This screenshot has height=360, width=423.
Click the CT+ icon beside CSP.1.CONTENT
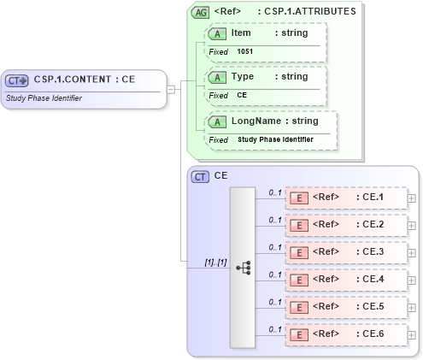pos(17,80)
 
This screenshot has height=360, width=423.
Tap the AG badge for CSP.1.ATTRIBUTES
pos(201,13)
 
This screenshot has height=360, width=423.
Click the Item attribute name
pos(241,32)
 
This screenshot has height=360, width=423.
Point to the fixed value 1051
pos(245,51)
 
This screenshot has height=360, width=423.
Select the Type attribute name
pos(244,76)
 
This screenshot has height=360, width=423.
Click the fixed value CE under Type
pos(242,95)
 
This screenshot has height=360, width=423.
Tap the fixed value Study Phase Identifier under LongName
pos(275,139)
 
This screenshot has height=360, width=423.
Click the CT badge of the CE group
pos(201,176)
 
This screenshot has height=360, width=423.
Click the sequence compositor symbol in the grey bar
pos(243,268)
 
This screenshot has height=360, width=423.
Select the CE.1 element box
pos(346,198)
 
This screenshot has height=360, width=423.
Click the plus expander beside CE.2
pos(412,226)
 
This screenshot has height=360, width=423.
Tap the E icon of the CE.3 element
pos(299,252)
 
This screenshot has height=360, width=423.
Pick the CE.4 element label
pos(373,280)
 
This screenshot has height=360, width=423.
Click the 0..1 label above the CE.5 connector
pos(275,302)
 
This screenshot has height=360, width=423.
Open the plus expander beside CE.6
pos(412,335)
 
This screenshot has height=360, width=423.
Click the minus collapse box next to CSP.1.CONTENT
pos(172,87)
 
